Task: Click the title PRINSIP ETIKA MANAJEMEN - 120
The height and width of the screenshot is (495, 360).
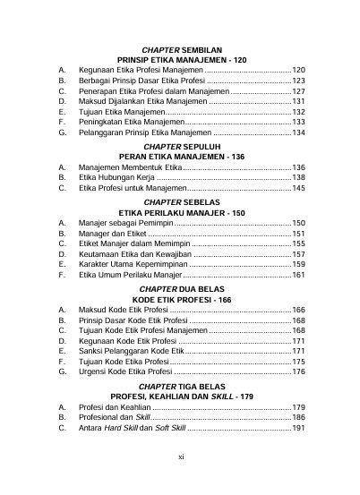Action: tap(182, 59)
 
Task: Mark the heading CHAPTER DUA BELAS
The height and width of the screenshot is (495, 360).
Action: tap(182, 289)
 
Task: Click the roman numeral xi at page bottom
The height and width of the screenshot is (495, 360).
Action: tap(181, 481)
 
